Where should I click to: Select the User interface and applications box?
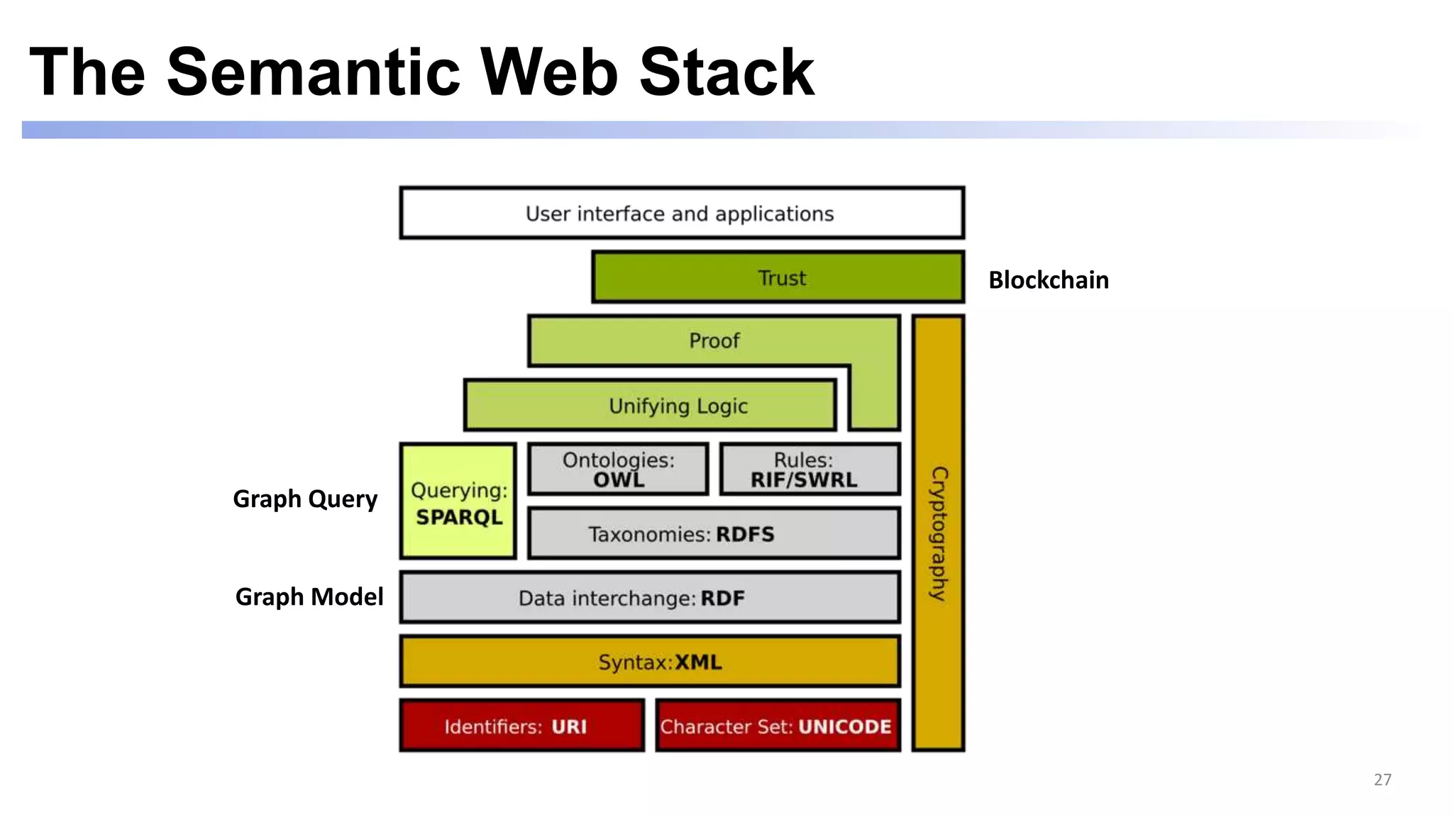(x=681, y=213)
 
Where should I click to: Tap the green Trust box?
(x=778, y=277)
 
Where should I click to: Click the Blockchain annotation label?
(x=1048, y=280)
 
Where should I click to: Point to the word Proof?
(x=714, y=341)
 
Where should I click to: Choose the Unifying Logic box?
(x=649, y=406)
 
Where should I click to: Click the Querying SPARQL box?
(x=458, y=501)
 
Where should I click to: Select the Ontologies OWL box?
(x=618, y=469)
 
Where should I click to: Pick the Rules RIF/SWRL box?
(x=810, y=469)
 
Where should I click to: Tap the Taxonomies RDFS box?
(x=714, y=533)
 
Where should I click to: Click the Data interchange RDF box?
(x=649, y=598)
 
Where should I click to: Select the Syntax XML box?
(x=649, y=662)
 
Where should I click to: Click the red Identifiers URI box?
(x=521, y=726)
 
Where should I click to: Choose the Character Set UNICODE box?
(x=778, y=726)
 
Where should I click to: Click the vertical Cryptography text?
(x=938, y=533)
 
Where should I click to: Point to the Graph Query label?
(x=305, y=499)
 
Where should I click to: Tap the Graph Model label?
(x=309, y=597)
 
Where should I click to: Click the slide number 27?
(x=1382, y=779)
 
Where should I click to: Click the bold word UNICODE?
(x=844, y=727)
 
